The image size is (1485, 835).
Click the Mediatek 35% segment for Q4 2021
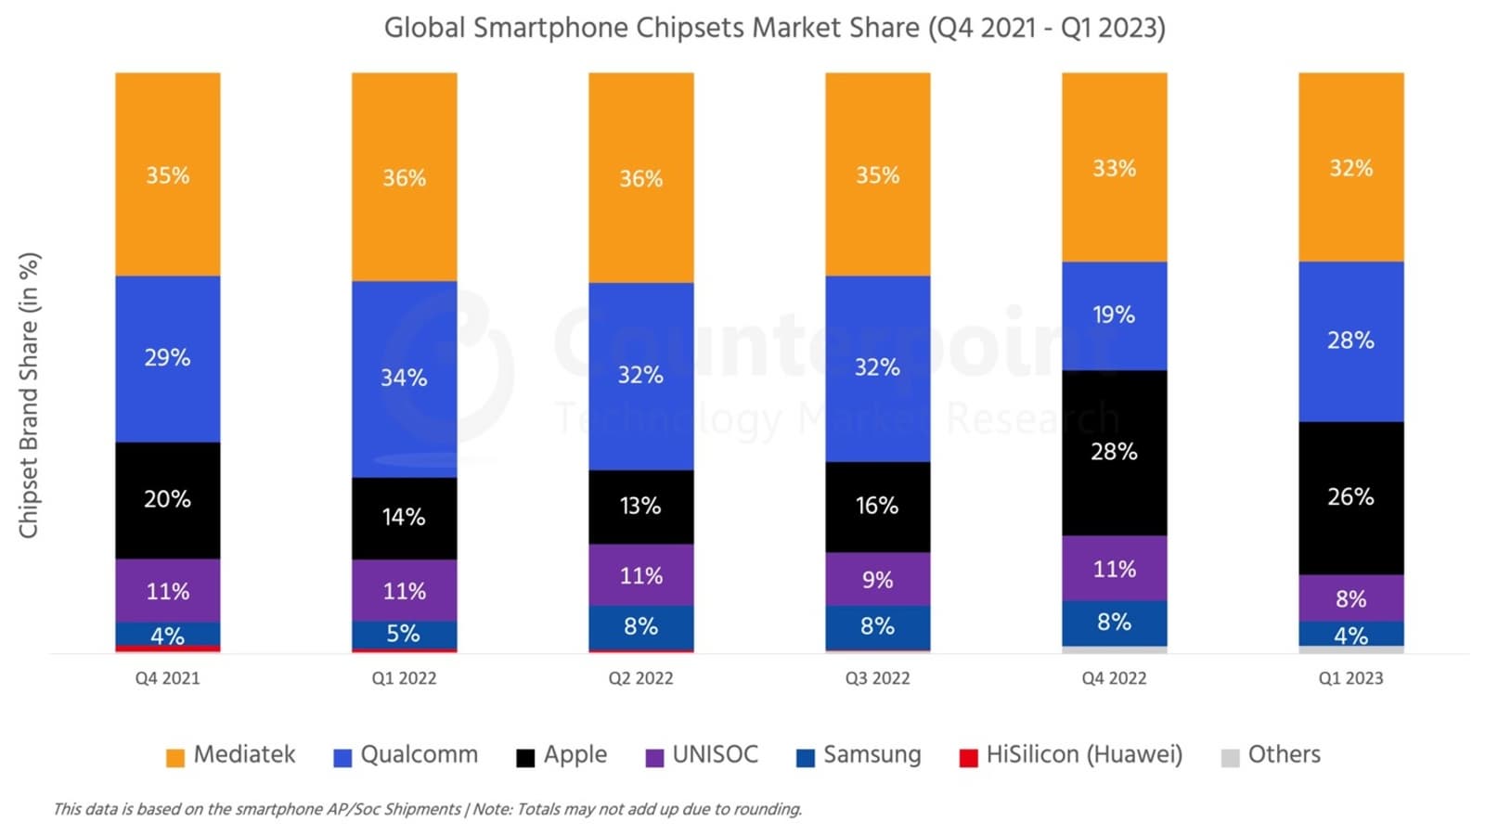click(167, 174)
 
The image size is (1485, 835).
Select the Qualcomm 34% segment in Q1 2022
click(404, 379)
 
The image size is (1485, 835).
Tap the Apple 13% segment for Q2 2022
click(640, 507)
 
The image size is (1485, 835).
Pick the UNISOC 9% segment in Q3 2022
click(877, 580)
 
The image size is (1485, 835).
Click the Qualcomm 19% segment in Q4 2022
click(1114, 315)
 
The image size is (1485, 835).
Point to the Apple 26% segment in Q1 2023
click(1350, 497)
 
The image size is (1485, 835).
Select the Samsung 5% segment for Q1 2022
click(404, 634)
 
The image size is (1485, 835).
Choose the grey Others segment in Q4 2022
click(1114, 649)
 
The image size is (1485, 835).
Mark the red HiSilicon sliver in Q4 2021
click(167, 649)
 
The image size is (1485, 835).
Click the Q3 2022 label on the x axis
click(877, 678)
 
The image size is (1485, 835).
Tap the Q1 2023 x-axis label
click(1350, 678)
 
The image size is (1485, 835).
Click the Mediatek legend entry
click(230, 755)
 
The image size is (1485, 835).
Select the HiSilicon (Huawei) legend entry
click(1071, 755)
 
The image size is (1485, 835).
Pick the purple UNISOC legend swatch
click(655, 757)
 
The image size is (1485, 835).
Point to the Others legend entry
click(1271, 755)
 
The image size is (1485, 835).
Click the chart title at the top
click(774, 28)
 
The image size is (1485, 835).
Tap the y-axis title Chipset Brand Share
click(29, 394)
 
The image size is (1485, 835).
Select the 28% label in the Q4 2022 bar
click(1114, 452)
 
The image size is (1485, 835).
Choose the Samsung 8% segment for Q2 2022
click(640, 626)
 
